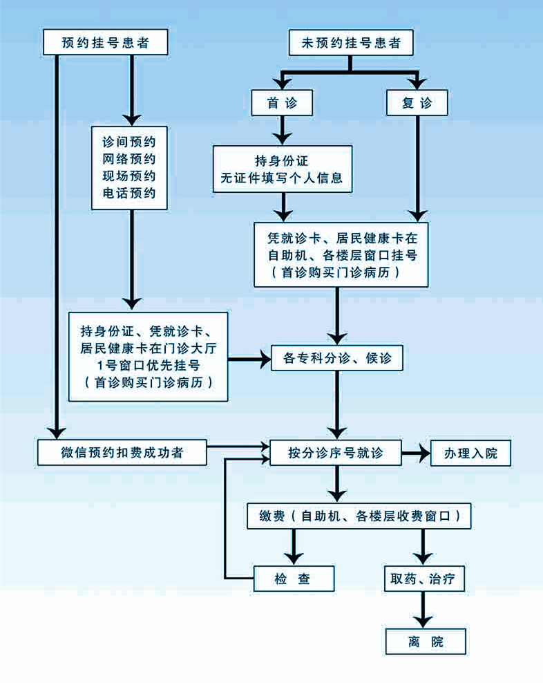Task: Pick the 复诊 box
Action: tap(417, 103)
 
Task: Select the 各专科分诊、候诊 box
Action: tap(336, 358)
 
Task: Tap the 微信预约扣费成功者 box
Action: tap(122, 453)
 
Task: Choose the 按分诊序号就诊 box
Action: tap(336, 453)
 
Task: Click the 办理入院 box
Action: tap(471, 453)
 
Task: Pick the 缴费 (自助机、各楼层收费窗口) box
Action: tap(359, 516)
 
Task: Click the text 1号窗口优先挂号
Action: tap(148, 365)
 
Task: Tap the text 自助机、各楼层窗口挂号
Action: tap(341, 255)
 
